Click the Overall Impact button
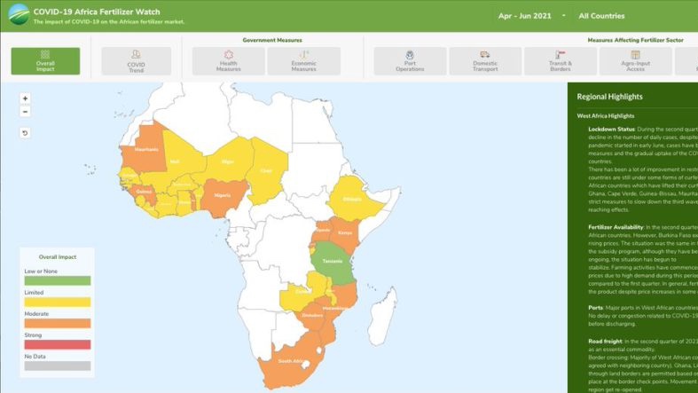(x=45, y=60)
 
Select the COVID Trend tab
(x=136, y=60)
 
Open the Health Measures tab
(x=228, y=60)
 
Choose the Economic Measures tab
(x=303, y=60)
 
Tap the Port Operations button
(x=409, y=60)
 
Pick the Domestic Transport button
(x=484, y=60)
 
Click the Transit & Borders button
(x=561, y=60)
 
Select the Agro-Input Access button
(x=635, y=60)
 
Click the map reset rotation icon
(x=25, y=133)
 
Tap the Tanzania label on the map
(x=332, y=260)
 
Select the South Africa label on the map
(x=290, y=362)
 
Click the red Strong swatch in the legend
(x=55, y=344)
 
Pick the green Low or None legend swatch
(x=55, y=279)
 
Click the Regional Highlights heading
(x=609, y=97)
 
